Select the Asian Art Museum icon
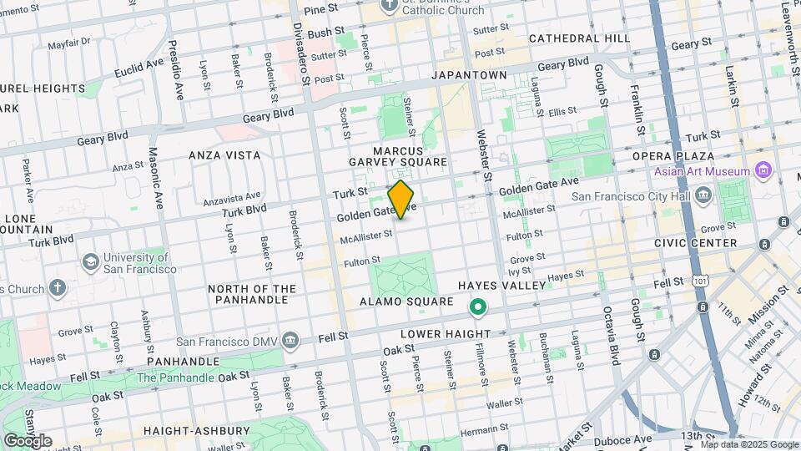(761, 171)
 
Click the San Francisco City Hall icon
(703, 197)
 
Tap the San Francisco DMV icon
(290, 340)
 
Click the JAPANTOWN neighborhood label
(469, 75)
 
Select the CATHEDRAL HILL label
(579, 38)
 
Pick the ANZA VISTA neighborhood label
(224, 155)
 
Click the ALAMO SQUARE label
(406, 302)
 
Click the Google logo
(28, 440)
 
